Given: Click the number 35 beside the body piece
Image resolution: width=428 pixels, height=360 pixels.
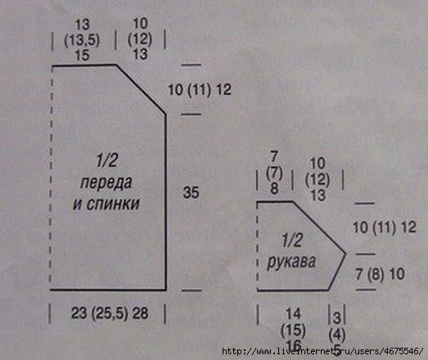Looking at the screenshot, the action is tap(191, 192).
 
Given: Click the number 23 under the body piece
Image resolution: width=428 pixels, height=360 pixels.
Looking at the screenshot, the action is tap(79, 313).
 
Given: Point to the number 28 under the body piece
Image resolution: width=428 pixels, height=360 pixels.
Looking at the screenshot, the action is tap(140, 313).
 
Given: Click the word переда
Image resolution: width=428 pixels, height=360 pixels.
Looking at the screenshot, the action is tap(106, 182).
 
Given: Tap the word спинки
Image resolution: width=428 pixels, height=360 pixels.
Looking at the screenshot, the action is tap(113, 204).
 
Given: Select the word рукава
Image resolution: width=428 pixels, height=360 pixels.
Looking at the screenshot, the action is tap(291, 262).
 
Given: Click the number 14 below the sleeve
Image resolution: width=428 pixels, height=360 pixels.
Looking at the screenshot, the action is tap(294, 314).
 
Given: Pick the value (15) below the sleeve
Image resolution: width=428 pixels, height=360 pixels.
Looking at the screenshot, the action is tap(294, 330).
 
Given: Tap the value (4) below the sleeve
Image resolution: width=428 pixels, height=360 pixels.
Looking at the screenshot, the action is tap(337, 335).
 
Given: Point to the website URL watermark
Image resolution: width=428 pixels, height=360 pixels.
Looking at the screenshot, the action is tap(322, 351).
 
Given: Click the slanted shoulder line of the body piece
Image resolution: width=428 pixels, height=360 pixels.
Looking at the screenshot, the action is tap(141, 89).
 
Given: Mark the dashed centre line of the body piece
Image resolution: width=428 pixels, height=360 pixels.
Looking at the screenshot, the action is tap(52, 178).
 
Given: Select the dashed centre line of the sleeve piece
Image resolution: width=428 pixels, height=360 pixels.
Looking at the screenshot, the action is tap(258, 245).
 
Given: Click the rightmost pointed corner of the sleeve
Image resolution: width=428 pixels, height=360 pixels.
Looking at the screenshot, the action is tap(346, 254).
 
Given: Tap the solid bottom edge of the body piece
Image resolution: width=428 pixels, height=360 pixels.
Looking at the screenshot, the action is tap(108, 290).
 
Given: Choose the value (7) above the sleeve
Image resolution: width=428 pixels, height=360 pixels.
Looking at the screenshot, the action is tap(274, 173).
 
